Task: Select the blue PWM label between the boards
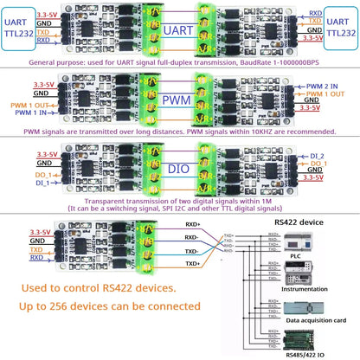pos(179,103)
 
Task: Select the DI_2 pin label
pos(317,156)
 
